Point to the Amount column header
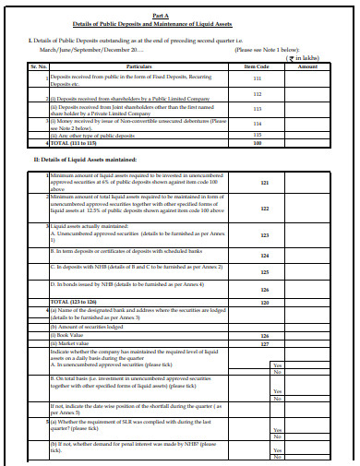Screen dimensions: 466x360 click(308, 66)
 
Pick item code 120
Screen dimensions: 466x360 click(264, 301)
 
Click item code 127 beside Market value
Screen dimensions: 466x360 click(264, 343)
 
